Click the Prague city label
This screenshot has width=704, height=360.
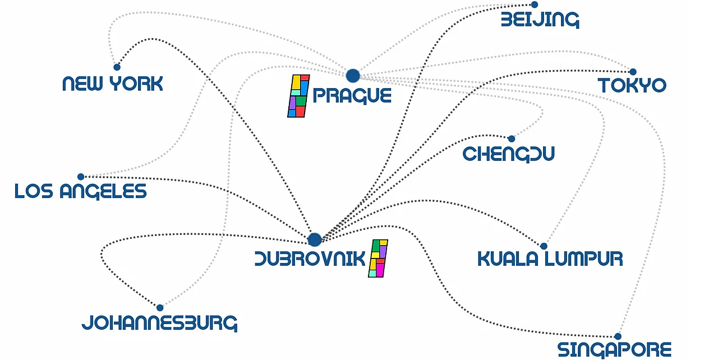pyautogui.click(x=352, y=96)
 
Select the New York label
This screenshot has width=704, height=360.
pyautogui.click(x=112, y=84)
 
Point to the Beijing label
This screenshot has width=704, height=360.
pyautogui.click(x=540, y=20)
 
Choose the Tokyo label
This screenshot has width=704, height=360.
pyautogui.click(x=632, y=86)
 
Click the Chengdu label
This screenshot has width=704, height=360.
pyautogui.click(x=508, y=153)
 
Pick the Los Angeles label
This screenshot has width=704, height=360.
pyautogui.click(x=81, y=191)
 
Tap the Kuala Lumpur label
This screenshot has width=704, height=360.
pyautogui.click(x=550, y=259)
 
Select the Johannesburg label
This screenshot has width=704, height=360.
pyautogui.click(x=159, y=323)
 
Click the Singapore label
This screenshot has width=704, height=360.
pyautogui.click(x=614, y=349)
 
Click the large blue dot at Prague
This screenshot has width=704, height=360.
pyautogui.click(x=352, y=76)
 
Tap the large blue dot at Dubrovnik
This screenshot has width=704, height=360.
pyautogui.click(x=315, y=239)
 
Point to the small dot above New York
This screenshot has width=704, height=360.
pyautogui.click(x=117, y=67)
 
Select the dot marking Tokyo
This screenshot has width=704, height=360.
pyautogui.click(x=633, y=72)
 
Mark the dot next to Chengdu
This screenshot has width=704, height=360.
pyautogui.click(x=512, y=139)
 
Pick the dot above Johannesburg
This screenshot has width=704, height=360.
pyautogui.click(x=160, y=307)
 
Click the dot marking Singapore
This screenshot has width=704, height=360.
pyautogui.click(x=618, y=336)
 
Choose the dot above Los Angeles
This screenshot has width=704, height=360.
pyautogui.click(x=81, y=177)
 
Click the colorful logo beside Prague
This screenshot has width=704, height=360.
pyautogui.click(x=298, y=96)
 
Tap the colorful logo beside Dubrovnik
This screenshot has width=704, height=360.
pyautogui.click(x=378, y=258)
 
